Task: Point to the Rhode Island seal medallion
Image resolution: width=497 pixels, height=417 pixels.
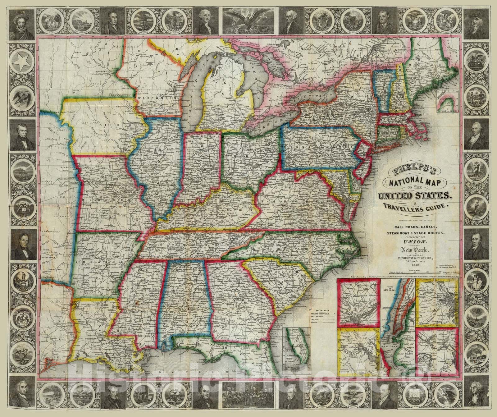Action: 323,16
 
